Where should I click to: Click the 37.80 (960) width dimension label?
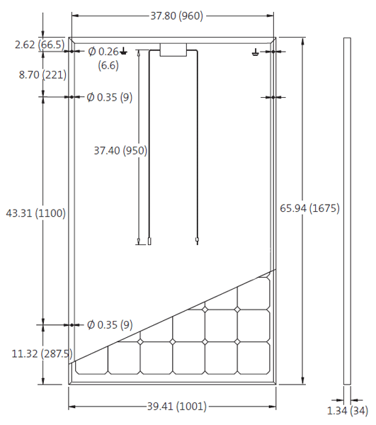172,15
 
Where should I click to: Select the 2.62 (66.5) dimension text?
39,45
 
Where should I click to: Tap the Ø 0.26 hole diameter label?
103,51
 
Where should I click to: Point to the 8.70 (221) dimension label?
35,74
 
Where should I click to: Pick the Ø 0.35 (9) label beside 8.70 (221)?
109,97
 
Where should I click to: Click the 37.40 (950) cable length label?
120,150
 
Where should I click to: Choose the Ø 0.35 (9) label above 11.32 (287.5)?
109,325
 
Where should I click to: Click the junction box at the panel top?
173,50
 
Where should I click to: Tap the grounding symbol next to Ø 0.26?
125,51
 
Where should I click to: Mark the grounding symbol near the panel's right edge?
256,52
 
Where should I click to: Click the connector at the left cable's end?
149,242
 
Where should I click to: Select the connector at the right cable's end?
197,241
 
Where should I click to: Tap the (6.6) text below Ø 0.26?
108,64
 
